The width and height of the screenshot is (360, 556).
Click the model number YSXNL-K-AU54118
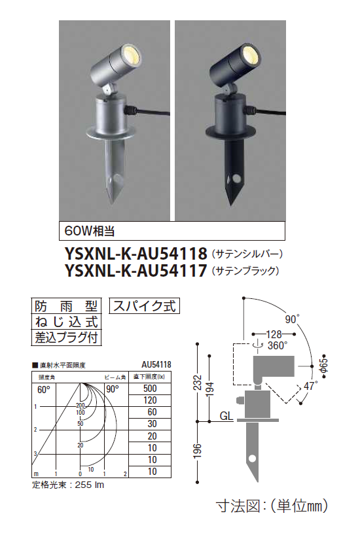click(136, 252)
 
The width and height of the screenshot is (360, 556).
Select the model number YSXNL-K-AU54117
click(136, 269)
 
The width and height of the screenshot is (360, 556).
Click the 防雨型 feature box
click(66, 306)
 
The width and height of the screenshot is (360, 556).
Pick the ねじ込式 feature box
click(66, 322)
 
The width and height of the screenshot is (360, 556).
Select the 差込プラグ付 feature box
click(66, 338)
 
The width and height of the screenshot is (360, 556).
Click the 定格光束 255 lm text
click(69, 485)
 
